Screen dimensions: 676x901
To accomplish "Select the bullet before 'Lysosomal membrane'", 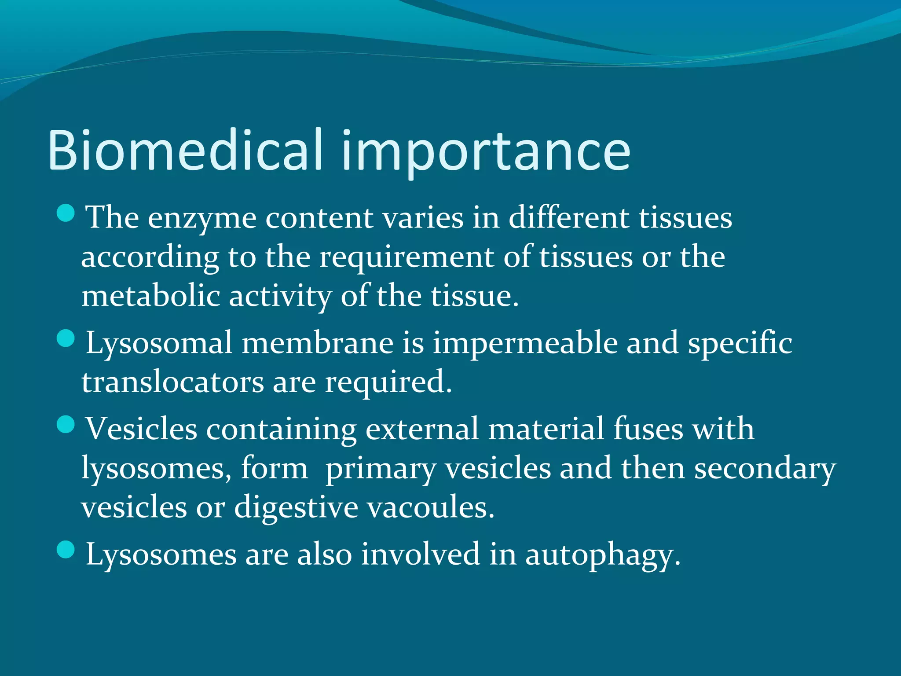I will (66, 338).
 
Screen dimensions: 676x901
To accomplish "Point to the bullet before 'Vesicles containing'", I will (66, 424).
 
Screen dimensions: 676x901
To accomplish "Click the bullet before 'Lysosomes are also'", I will (66, 550).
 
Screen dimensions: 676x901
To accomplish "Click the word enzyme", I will (202, 218).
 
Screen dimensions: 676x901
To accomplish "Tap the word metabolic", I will (150, 296).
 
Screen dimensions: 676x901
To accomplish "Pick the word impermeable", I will (525, 343).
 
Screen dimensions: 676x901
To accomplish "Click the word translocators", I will (172, 382).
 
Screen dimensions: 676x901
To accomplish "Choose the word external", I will (422, 429).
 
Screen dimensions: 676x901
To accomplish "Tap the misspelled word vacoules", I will (431, 507).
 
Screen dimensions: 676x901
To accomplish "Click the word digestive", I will (296, 507).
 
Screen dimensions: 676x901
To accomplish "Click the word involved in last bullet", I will (420, 554).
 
